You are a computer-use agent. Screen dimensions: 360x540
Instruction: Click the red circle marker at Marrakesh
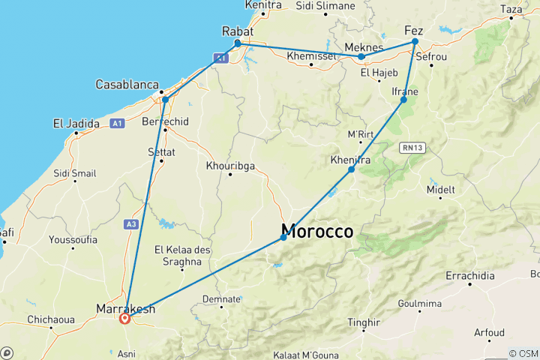point(125,318)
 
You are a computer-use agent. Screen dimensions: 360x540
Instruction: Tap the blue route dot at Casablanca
point(165,99)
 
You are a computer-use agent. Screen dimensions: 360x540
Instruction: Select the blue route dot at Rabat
point(238,43)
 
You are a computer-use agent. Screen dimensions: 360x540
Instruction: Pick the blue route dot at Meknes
point(361,56)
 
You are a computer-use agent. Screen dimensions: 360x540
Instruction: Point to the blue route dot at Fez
point(415,42)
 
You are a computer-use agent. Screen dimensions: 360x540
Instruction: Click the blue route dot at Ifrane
point(403,100)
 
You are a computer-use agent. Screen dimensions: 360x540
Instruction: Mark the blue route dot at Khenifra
point(351,169)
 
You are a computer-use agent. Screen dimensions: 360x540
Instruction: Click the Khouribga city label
point(229,165)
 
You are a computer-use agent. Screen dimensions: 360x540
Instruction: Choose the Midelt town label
point(440,190)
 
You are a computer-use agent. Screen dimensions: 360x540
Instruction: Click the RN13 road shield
point(412,148)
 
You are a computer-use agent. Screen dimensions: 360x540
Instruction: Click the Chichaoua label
point(51,319)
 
